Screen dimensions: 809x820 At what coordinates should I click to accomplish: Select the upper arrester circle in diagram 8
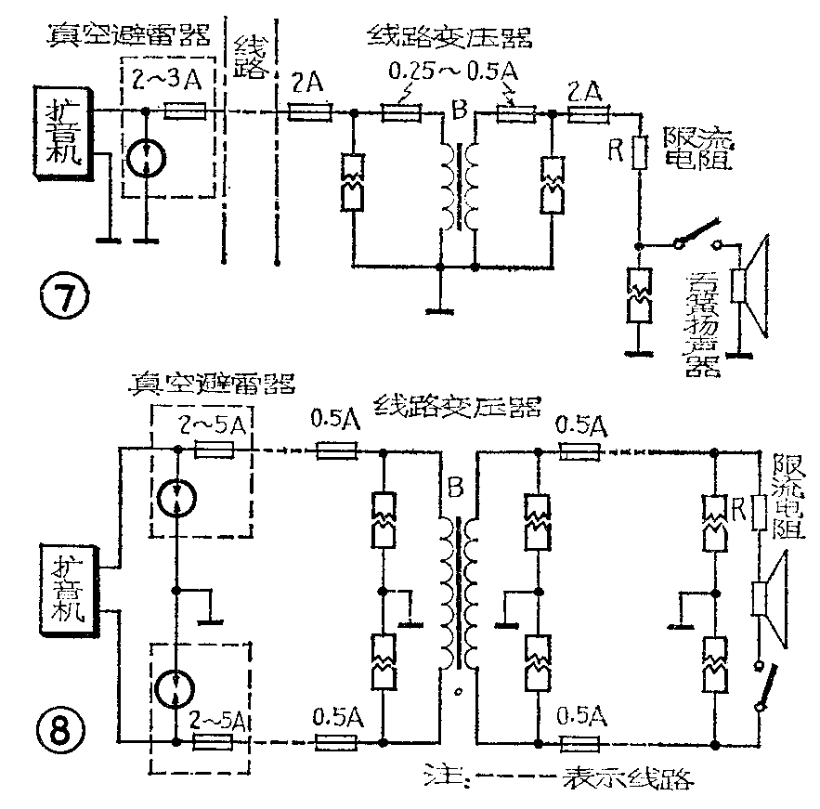click(x=176, y=500)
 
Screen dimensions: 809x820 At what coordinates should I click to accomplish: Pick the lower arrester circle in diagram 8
click(x=176, y=688)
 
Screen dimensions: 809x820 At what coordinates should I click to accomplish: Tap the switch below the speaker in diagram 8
click(x=764, y=686)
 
